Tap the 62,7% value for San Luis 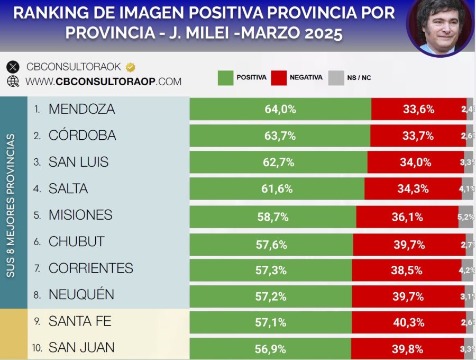pyautogui.click(x=278, y=163)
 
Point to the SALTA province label pyautogui.click(x=68, y=188)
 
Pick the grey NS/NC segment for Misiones pyautogui.click(x=466, y=215)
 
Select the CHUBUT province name pyautogui.click(x=76, y=241)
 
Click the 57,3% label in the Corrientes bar pyautogui.click(x=271, y=270)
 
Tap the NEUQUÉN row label pyautogui.click(x=81, y=294)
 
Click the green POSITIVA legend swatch pyautogui.click(x=225, y=77)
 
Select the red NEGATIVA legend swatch pyautogui.click(x=278, y=77)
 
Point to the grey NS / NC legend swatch pyautogui.click(x=336, y=77)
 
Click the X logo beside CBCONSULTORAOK pyautogui.click(x=13, y=67)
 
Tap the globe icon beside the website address pyautogui.click(x=13, y=82)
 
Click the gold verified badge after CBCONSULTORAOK pyautogui.click(x=130, y=67)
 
